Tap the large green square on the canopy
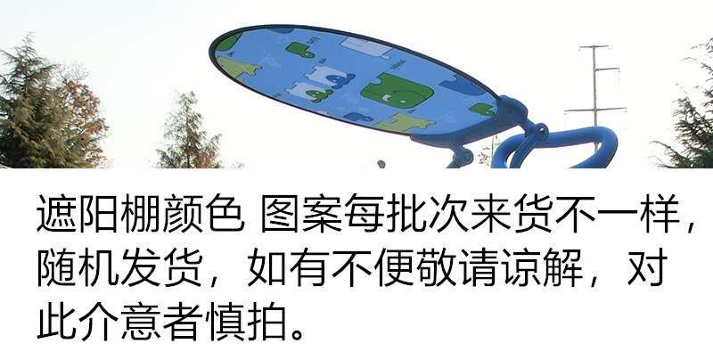[x=397, y=91]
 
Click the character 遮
[x=56, y=214]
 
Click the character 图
[x=281, y=214]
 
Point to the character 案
[x=324, y=214]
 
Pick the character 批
[x=407, y=214]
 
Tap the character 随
[x=56, y=267]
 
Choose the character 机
[x=99, y=267]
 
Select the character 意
[x=141, y=321]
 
